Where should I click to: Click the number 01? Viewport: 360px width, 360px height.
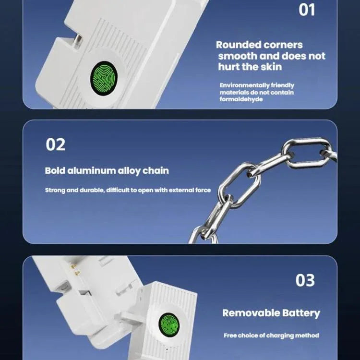pyautogui.click(x=307, y=9)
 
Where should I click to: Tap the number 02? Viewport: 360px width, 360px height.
pyautogui.click(x=55, y=144)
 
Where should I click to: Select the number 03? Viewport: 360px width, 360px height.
pyautogui.click(x=305, y=280)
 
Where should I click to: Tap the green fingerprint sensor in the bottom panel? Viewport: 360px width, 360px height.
pyautogui.click(x=168, y=324)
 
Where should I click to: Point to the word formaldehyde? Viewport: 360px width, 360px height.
pyautogui.click(x=241, y=99)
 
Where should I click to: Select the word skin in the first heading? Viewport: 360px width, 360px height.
pyautogui.click(x=272, y=67)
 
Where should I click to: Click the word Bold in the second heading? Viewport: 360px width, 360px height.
pyautogui.click(x=54, y=170)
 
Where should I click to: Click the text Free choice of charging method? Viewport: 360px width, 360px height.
pyautogui.click(x=271, y=336)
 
